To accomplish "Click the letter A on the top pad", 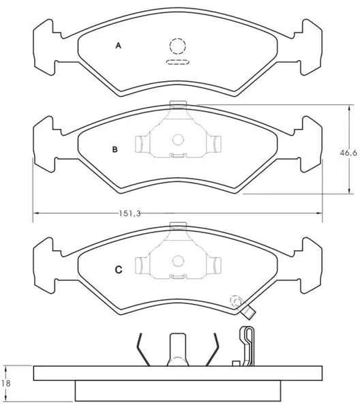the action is pyautogui.click(x=119, y=46).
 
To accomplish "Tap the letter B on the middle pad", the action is pyautogui.click(x=115, y=150).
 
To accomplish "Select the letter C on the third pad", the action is pyautogui.click(x=119, y=269).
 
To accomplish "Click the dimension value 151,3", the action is pyautogui.click(x=130, y=213).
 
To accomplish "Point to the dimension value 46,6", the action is pyautogui.click(x=348, y=153).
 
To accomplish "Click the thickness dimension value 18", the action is pyautogui.click(x=5, y=383).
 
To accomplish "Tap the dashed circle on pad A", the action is pyautogui.click(x=178, y=46).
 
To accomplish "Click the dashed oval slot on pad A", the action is pyautogui.click(x=178, y=62).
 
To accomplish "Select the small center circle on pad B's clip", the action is pyautogui.click(x=178, y=140).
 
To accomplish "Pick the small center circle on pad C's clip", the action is pyautogui.click(x=178, y=261).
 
